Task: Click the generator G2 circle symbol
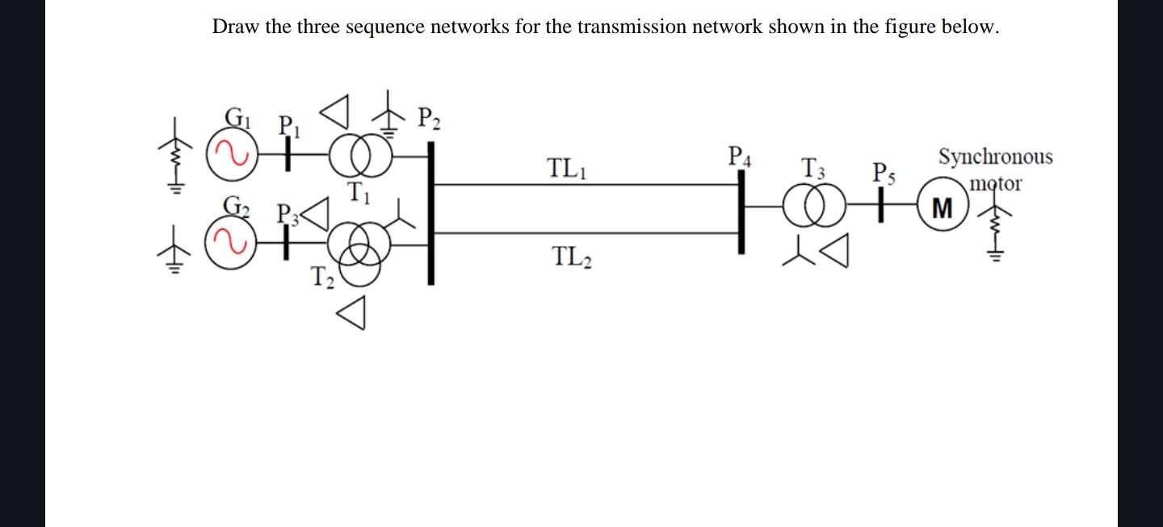(230, 245)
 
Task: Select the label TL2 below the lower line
(572, 257)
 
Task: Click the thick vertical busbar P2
(430, 213)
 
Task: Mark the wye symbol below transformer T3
(798, 251)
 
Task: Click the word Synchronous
(995, 157)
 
